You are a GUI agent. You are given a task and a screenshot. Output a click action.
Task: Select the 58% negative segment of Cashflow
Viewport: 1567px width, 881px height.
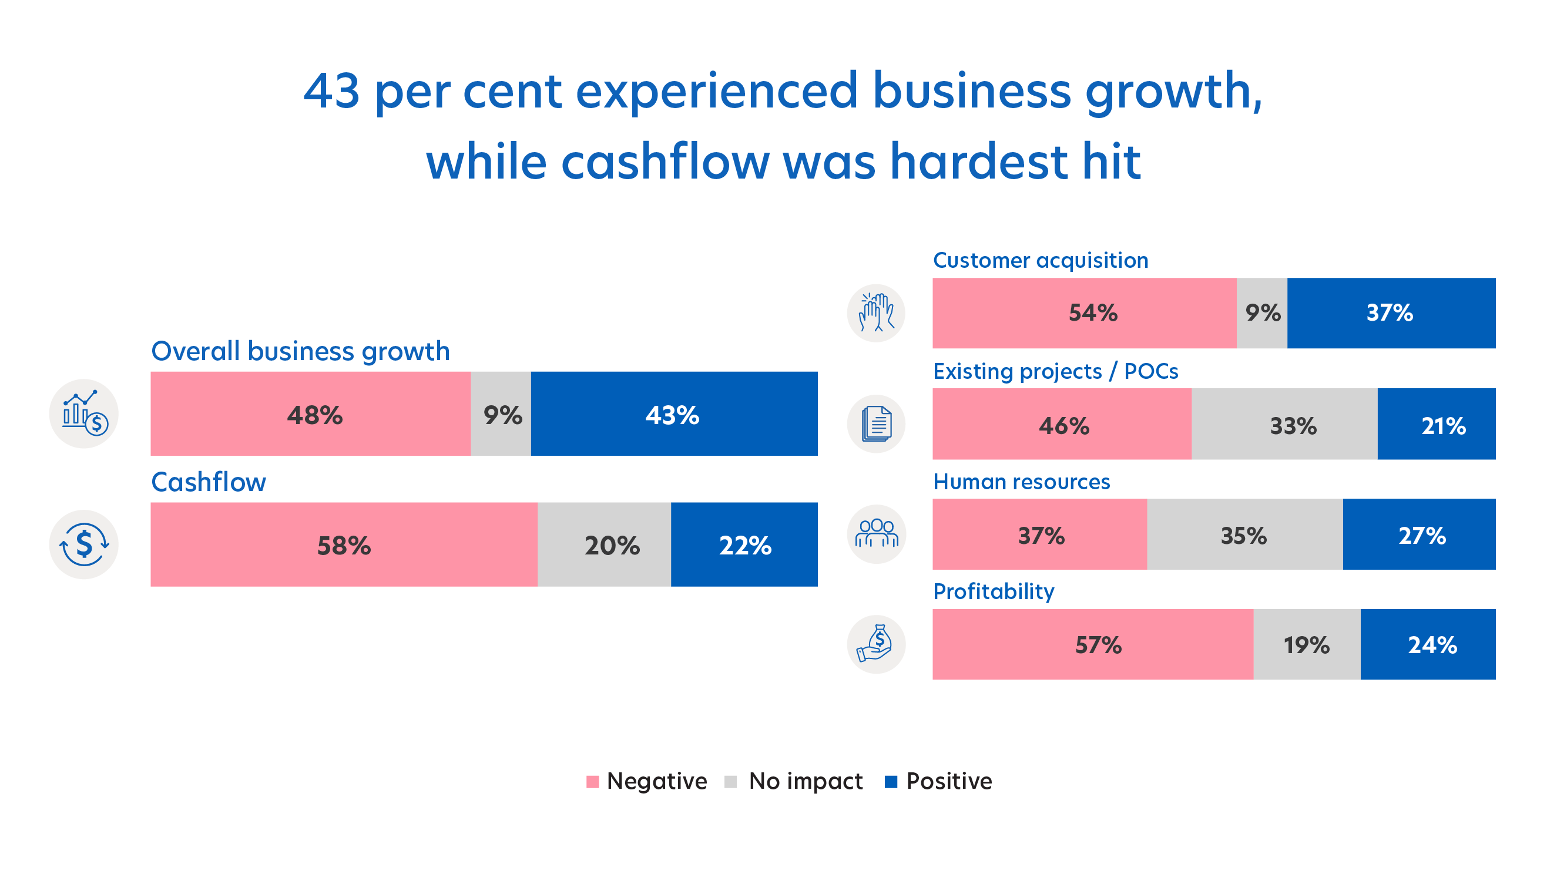point(344,544)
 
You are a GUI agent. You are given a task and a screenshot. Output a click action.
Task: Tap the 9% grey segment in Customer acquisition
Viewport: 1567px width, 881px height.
point(1261,313)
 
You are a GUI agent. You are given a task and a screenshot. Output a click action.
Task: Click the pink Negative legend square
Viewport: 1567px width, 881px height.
point(592,781)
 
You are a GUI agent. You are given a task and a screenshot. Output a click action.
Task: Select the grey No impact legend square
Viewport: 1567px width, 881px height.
point(730,781)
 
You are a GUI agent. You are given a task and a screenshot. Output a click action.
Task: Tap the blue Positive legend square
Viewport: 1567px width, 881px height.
point(891,781)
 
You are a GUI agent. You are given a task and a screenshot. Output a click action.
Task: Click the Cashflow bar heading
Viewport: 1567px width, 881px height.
point(209,482)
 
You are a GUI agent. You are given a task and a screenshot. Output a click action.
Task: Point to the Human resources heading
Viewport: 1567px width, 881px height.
point(1021,482)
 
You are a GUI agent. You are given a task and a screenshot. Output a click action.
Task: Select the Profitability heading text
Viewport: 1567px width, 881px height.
point(994,591)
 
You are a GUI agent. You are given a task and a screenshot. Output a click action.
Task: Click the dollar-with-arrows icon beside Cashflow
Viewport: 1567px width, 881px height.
point(84,544)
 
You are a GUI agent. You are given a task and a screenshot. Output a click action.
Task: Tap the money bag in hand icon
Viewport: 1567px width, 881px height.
point(876,644)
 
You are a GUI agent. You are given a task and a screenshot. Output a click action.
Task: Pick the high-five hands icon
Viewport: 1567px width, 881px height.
point(876,313)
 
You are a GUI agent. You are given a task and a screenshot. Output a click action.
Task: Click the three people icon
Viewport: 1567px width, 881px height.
point(876,534)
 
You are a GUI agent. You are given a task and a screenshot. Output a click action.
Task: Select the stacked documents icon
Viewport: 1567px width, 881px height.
point(876,424)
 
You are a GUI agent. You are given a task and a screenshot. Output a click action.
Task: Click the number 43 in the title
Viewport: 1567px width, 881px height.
point(331,91)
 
